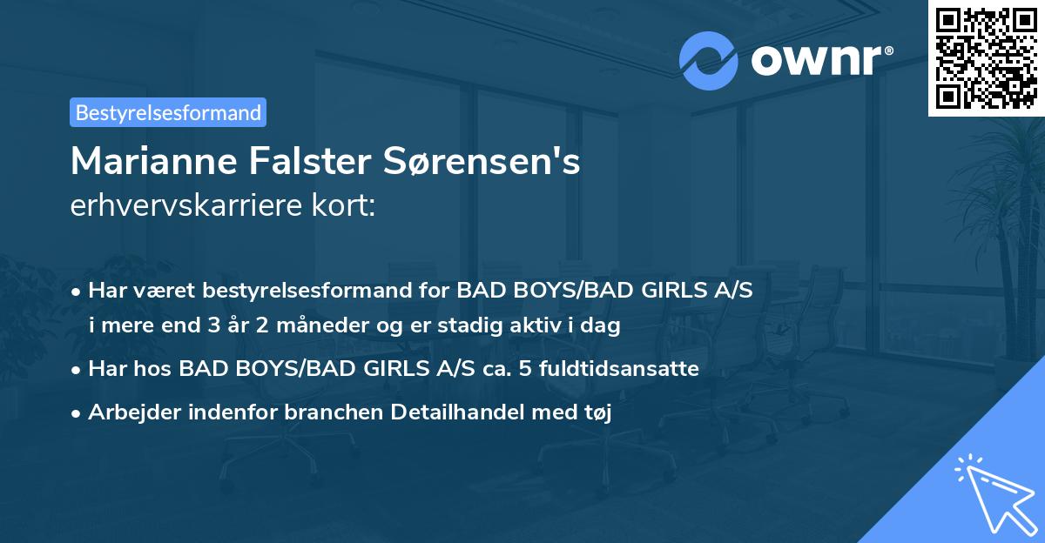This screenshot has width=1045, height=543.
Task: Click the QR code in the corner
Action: coord(986,57)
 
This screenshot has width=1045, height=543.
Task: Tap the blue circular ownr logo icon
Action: coord(709,60)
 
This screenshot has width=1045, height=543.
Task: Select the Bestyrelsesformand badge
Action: coord(168,112)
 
